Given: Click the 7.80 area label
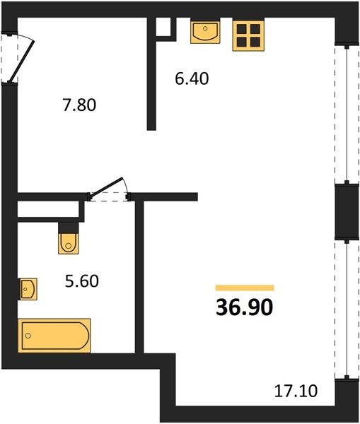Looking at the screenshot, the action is (x=79, y=105).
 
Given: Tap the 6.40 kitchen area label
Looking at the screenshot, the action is (x=192, y=79).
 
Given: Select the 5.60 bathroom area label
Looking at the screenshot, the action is (x=82, y=281).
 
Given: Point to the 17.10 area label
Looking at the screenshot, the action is (x=296, y=391).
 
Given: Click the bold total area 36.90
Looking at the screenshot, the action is (x=245, y=307).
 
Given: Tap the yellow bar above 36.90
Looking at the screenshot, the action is (x=245, y=288).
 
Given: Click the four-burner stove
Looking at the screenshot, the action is (x=248, y=35).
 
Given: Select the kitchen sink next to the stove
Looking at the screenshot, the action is (x=205, y=32).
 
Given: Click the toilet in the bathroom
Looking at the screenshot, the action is (x=69, y=243).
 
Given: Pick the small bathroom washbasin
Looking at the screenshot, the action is (x=28, y=289).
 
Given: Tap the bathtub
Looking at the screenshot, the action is (x=54, y=336).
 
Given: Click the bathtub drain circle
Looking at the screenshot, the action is (x=28, y=336).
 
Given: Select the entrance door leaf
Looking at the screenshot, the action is (x=22, y=61).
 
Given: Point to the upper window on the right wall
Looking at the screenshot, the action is (x=347, y=114).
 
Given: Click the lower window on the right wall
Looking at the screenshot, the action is (x=347, y=309).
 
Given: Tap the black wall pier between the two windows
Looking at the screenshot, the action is (x=347, y=211).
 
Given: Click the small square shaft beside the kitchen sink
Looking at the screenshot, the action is (x=164, y=27).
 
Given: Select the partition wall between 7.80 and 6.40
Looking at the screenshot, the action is (x=151, y=73).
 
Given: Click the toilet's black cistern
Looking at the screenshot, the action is (x=68, y=228).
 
